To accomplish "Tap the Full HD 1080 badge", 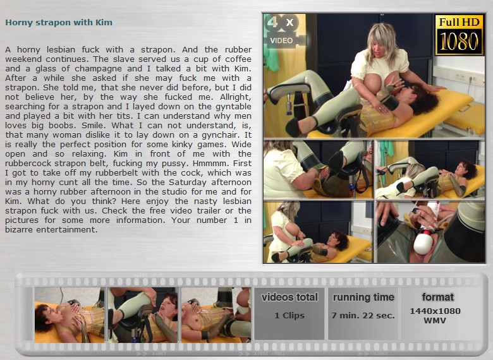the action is coord(459,35).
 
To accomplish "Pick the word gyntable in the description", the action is coord(233,107).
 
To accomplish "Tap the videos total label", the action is coord(289,297).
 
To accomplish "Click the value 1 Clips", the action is coord(289,315).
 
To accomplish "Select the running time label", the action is coord(363,297).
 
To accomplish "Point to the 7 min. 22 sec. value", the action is coord(363,315).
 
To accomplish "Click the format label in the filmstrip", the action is coord(437,297).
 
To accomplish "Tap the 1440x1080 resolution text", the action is coord(435,311).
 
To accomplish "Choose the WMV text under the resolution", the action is coord(435,320).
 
